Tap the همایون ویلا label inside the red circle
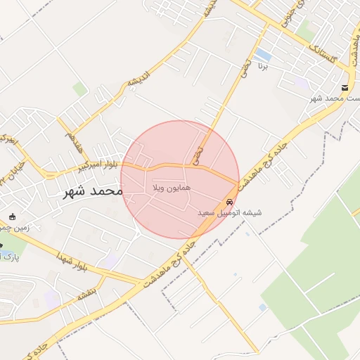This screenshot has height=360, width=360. (167, 189)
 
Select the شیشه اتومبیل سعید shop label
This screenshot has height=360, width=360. (229, 212)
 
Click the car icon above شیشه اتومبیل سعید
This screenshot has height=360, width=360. (230, 201)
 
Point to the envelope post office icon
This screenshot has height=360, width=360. (345, 88)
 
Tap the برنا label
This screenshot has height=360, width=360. (262, 69)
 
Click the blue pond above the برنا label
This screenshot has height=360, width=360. (262, 54)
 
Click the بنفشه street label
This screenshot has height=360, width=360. (87, 295)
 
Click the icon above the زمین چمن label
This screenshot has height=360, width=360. (12, 215)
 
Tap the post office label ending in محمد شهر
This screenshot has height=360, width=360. (335, 98)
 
